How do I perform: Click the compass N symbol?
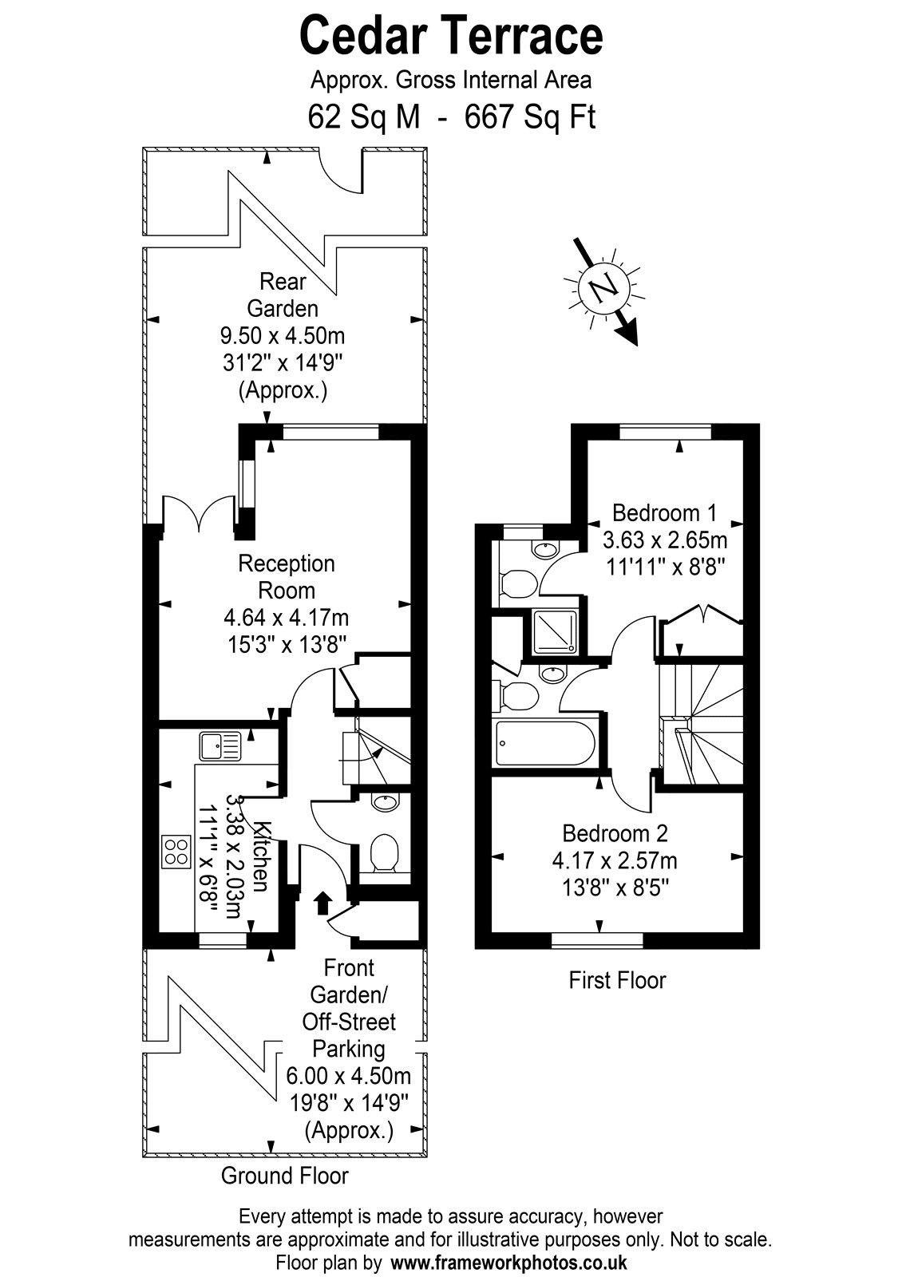pyautogui.click(x=604, y=287)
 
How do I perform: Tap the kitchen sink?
pyautogui.click(x=220, y=746)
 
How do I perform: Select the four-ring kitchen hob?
pyautogui.click(x=176, y=851)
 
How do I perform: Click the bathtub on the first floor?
pyautogui.click(x=546, y=743)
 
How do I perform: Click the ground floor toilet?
pyautogui.click(x=384, y=853)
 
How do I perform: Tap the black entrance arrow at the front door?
pyautogui.click(x=323, y=903)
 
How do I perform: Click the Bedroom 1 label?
pyautogui.click(x=664, y=513)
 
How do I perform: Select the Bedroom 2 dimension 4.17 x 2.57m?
pyautogui.click(x=615, y=860)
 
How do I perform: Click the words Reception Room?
pyautogui.click(x=287, y=577)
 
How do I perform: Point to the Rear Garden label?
pyautogui.click(x=283, y=295)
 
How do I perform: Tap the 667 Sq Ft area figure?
pyautogui.click(x=530, y=118)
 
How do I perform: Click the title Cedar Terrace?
pyautogui.click(x=451, y=35)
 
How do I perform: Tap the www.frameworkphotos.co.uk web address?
pyautogui.click(x=508, y=1262)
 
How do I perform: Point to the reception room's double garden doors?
pyautogui.click(x=199, y=513)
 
